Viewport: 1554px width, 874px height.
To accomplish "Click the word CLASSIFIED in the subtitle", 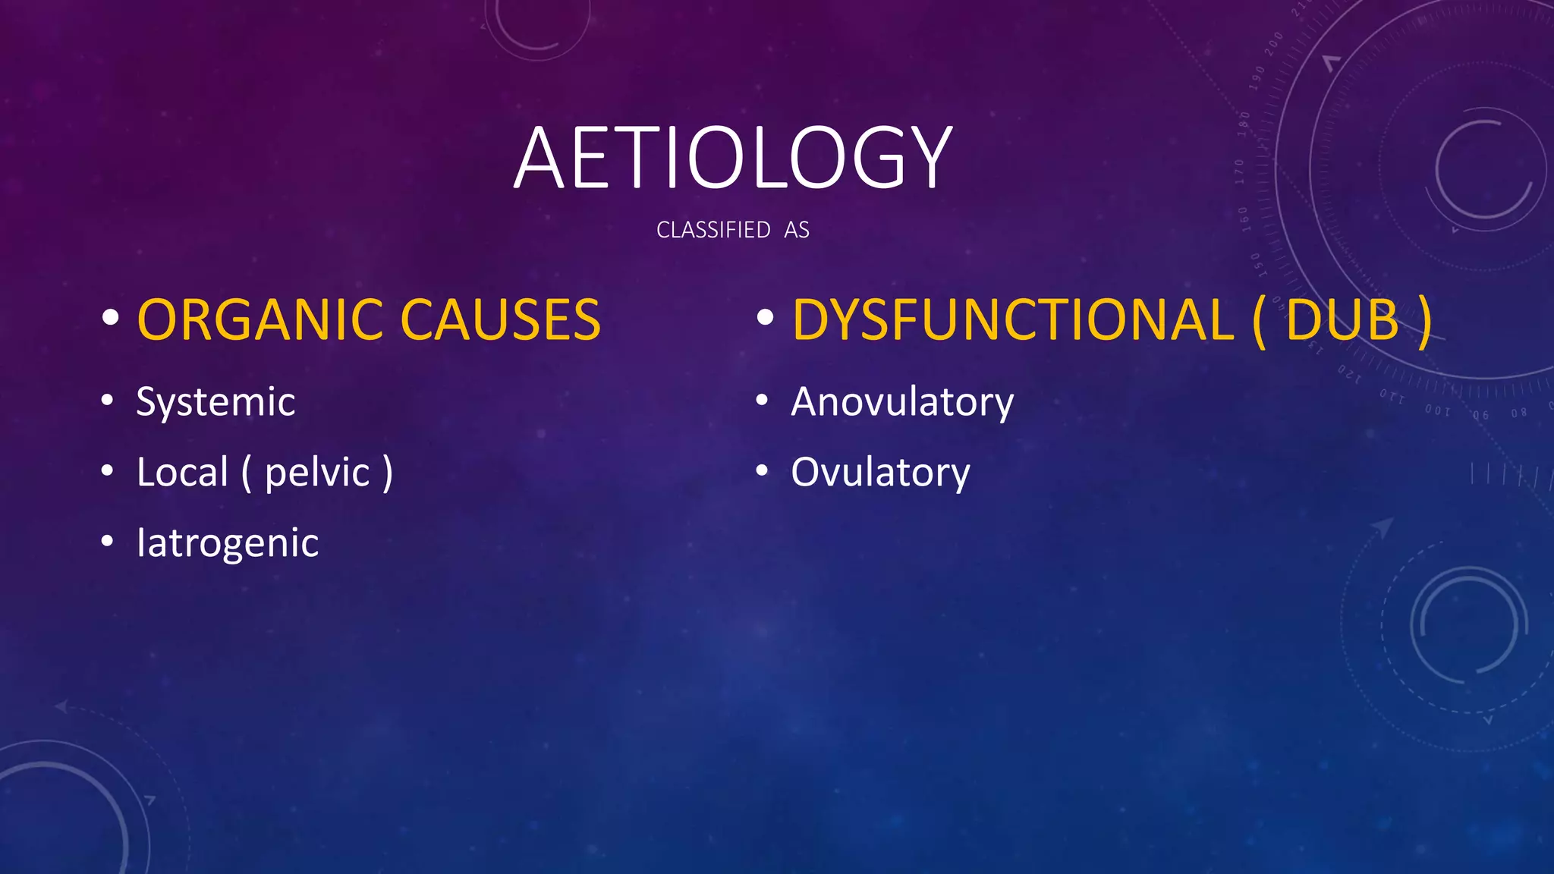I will tap(713, 230).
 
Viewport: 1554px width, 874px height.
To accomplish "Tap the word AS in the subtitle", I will tap(796, 230).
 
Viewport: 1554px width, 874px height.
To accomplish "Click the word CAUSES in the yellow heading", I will tap(500, 319).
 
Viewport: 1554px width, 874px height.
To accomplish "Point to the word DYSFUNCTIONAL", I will tap(1012, 319).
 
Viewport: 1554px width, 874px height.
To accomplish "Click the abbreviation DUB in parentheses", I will tap(1342, 319).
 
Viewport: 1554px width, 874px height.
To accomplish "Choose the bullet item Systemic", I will tap(215, 401).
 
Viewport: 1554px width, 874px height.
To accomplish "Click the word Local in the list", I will tap(182, 472).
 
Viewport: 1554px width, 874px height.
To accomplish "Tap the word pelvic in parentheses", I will tap(317, 473).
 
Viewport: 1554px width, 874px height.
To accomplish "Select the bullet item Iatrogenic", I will tap(228, 542).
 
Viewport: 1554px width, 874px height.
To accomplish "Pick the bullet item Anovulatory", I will tap(902, 401).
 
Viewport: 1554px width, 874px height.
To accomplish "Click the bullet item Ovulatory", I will tap(880, 473).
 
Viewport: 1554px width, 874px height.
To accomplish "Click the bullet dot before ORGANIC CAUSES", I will tap(111, 318).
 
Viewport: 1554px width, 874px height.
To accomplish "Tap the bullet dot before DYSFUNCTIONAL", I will tap(765, 318).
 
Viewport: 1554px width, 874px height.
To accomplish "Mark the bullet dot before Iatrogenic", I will tap(108, 542).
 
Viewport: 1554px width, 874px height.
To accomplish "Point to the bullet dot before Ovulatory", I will tap(763, 471).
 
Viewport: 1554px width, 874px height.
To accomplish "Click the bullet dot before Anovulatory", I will tap(763, 400).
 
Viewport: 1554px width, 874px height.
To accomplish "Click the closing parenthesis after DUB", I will tap(1424, 321).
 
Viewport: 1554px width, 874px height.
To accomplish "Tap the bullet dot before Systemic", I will tap(108, 400).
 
